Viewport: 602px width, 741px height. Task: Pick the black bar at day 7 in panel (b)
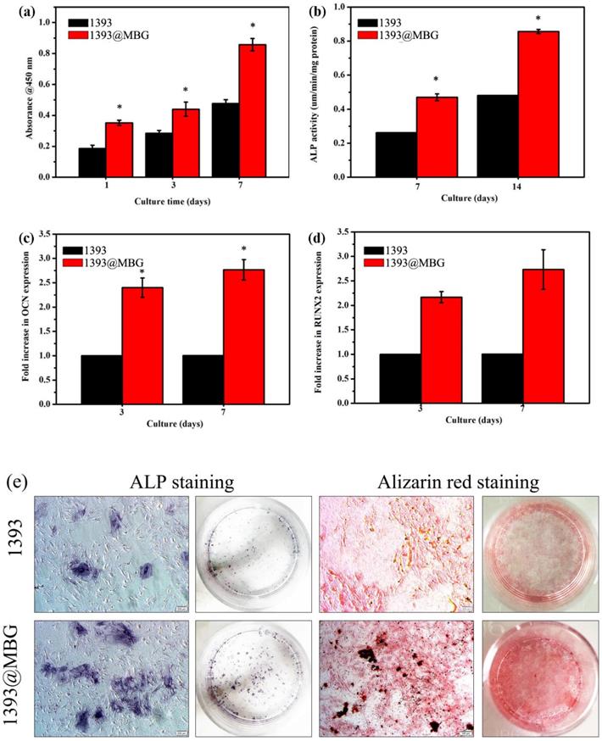(x=395, y=155)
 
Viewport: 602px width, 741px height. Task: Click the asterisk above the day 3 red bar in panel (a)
(x=185, y=89)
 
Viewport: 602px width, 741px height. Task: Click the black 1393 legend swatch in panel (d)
(x=378, y=250)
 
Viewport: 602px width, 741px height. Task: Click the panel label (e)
(x=18, y=481)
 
